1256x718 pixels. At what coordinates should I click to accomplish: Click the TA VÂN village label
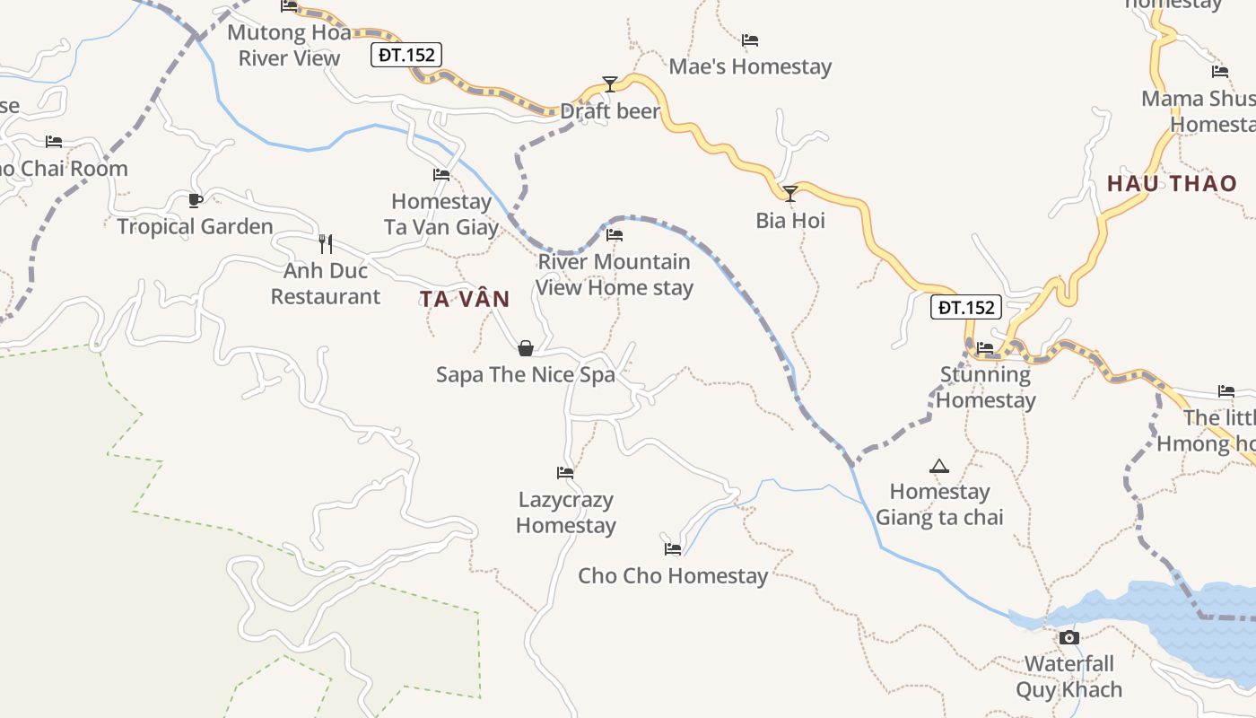coord(465,299)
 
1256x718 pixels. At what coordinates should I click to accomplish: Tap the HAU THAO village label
coord(1172,184)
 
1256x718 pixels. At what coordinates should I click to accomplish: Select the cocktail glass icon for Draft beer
coord(610,84)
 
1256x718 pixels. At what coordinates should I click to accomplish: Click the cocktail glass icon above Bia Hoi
coord(789,193)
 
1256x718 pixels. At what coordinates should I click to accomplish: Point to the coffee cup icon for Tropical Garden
coord(196,199)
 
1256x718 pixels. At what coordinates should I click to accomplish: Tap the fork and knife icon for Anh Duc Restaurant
coord(326,243)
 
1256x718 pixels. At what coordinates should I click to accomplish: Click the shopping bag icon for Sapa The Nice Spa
coord(526,347)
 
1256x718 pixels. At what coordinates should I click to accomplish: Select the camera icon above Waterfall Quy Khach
coord(1068,637)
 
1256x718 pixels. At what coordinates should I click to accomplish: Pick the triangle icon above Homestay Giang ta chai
coord(939,465)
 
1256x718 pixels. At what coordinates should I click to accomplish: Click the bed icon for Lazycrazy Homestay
coord(565,472)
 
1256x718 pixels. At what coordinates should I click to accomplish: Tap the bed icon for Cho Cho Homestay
coord(673,548)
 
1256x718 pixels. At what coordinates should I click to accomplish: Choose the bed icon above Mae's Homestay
coord(750,39)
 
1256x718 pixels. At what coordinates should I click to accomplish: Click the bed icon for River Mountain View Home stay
coord(615,235)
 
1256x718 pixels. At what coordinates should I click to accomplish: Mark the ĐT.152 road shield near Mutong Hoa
coord(406,55)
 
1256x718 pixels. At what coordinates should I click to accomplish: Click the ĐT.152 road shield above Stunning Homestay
coord(966,307)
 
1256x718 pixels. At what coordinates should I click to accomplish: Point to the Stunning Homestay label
coord(986,388)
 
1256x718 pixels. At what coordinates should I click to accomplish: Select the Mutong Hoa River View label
coord(289,46)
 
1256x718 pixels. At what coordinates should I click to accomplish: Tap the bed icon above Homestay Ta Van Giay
coord(441,174)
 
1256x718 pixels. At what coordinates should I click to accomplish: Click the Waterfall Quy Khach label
coord(1069,677)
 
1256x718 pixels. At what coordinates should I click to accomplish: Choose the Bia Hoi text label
coord(790,221)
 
